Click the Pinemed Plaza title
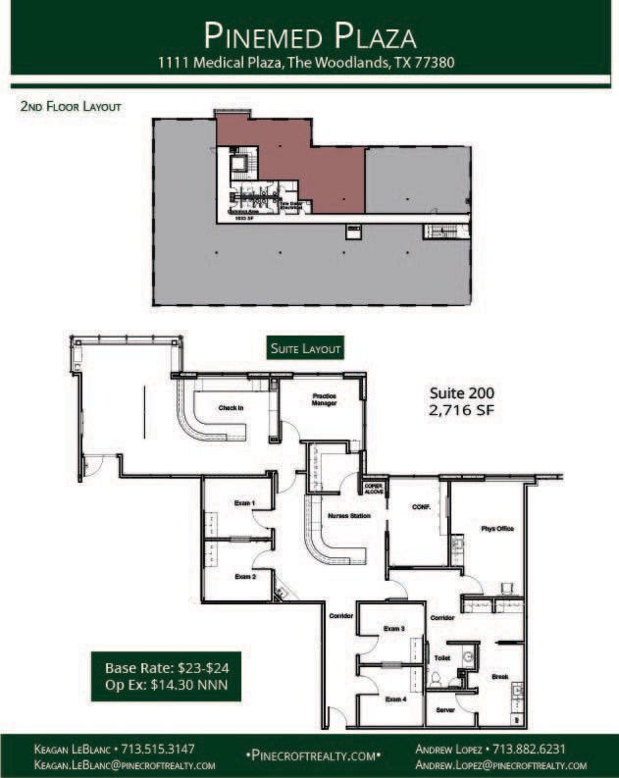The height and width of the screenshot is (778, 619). (x=310, y=36)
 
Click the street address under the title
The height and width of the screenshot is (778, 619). (x=310, y=62)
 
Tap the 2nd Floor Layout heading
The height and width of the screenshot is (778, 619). (x=71, y=106)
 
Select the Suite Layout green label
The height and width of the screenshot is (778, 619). (x=307, y=348)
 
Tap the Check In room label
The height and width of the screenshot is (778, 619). (x=231, y=407)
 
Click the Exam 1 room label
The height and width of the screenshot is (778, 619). (x=244, y=503)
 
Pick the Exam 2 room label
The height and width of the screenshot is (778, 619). (x=245, y=577)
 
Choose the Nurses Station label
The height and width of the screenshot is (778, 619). (x=349, y=514)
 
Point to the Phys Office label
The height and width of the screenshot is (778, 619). (x=496, y=529)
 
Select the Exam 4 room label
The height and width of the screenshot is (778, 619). (x=395, y=699)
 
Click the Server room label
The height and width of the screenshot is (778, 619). (x=445, y=709)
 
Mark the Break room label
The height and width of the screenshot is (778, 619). (x=499, y=676)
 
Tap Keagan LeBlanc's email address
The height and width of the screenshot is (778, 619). (x=126, y=764)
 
